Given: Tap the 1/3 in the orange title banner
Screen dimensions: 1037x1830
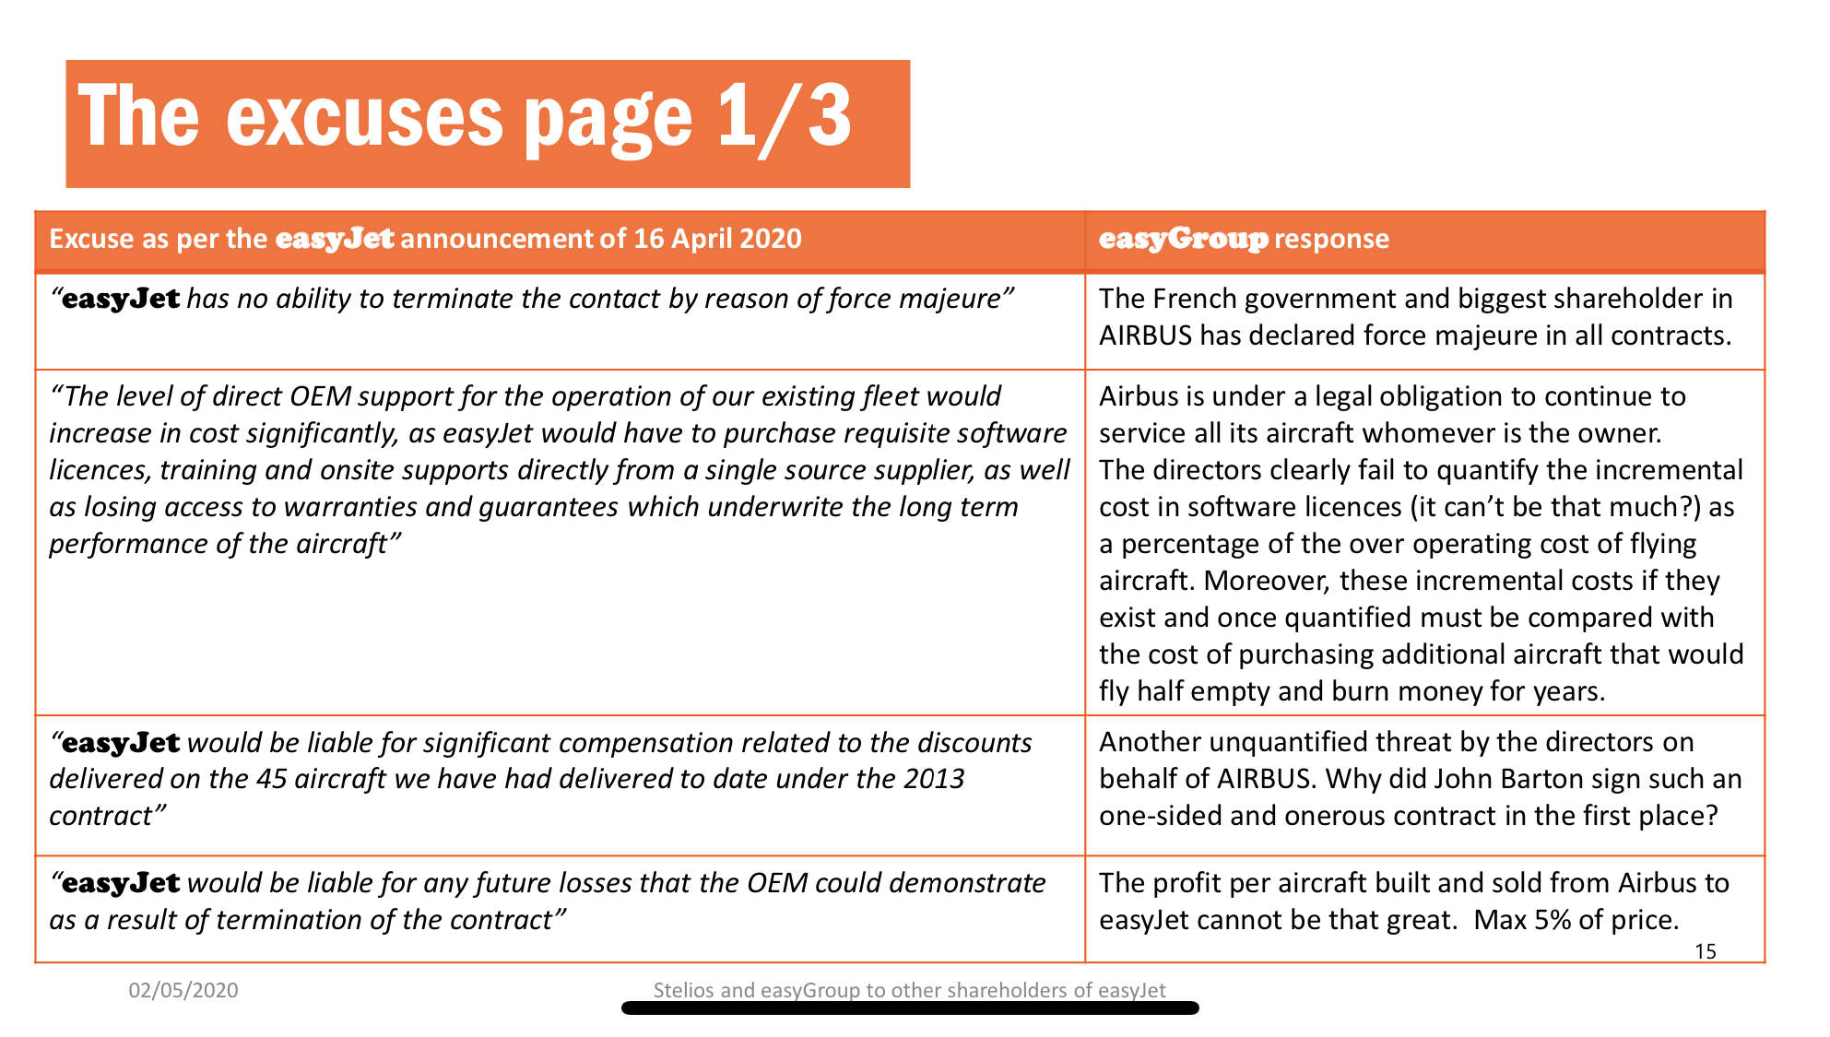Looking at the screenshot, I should (784, 116).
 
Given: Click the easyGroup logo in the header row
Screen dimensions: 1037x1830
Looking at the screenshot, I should (1183, 239).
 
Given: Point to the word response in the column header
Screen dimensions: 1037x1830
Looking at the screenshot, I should (1331, 239).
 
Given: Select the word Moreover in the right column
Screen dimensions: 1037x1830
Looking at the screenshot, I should (1266, 581).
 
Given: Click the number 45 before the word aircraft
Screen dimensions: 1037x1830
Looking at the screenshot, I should (272, 779).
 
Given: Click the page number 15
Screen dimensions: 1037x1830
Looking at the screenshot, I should (1705, 951).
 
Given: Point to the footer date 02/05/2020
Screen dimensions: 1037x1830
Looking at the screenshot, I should (183, 990).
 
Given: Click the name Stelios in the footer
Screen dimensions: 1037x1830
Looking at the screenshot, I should (684, 990).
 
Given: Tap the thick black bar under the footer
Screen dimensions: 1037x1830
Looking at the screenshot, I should (910, 1008).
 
